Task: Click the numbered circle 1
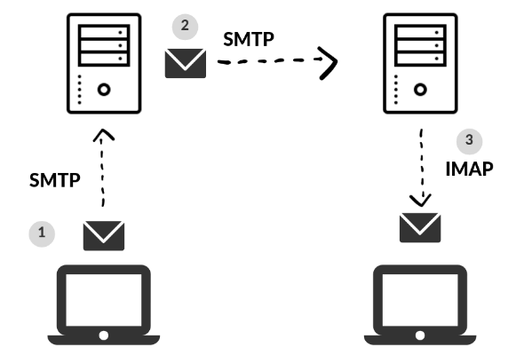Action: pyautogui.click(x=42, y=233)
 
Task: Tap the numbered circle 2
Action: pyautogui.click(x=185, y=27)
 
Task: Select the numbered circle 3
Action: pyautogui.click(x=469, y=141)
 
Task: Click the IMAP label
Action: pyautogui.click(x=469, y=169)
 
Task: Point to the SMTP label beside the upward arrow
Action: pyautogui.click(x=55, y=180)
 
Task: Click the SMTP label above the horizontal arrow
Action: pyautogui.click(x=249, y=39)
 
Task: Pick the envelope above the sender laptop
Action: pyautogui.click(x=104, y=236)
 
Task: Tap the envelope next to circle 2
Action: pyautogui.click(x=186, y=63)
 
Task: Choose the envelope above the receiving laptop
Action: pyautogui.click(x=420, y=227)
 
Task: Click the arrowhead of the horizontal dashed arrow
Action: pyautogui.click(x=331, y=62)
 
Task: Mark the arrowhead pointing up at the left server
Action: pyautogui.click(x=104, y=134)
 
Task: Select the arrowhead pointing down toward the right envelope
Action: pyautogui.click(x=420, y=201)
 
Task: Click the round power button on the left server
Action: pyautogui.click(x=104, y=90)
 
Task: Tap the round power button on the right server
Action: pyautogui.click(x=420, y=90)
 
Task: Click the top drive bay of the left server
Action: pyautogui.click(x=104, y=32)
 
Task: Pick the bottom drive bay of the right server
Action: pyautogui.click(x=420, y=59)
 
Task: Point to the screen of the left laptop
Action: pyautogui.click(x=104, y=300)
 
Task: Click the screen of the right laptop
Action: pyautogui.click(x=420, y=300)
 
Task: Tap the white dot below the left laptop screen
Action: pyautogui.click(x=104, y=335)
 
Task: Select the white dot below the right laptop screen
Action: pyautogui.click(x=420, y=335)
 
